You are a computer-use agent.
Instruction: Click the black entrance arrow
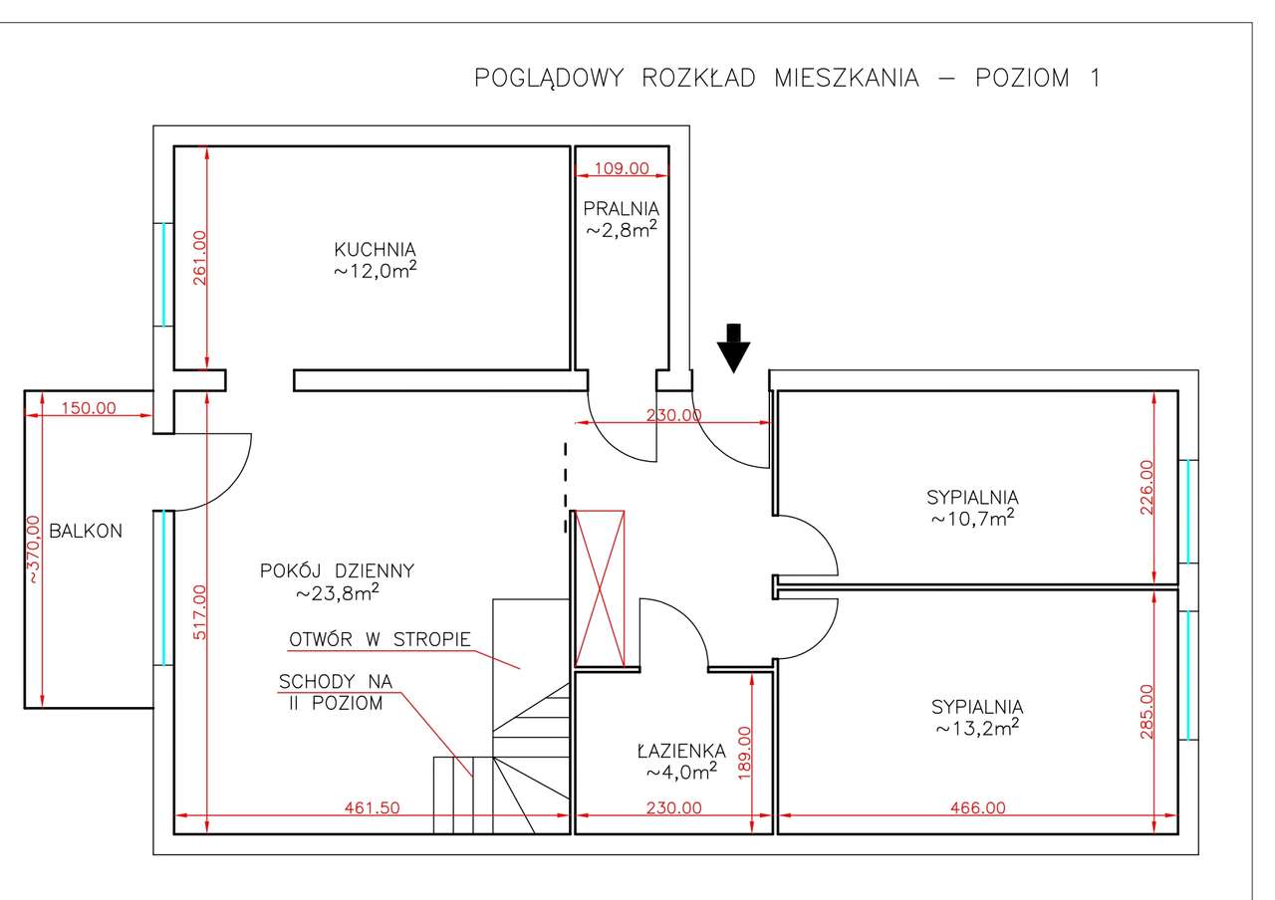tap(734, 347)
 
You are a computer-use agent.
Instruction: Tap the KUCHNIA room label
tap(375, 249)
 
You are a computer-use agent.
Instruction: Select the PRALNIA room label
tap(622, 209)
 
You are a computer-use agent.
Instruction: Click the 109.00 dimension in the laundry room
tap(622, 168)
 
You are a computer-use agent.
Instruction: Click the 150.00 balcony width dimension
tap(89, 407)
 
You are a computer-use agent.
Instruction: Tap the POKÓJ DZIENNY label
tap(337, 570)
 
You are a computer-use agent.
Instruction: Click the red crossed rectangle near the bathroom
tap(601, 587)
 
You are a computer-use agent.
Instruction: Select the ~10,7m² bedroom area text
tap(973, 518)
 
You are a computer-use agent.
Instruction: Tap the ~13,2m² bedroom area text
tap(976, 728)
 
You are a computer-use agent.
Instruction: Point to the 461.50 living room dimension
tap(372, 808)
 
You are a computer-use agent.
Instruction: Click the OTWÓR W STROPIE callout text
tap(380, 639)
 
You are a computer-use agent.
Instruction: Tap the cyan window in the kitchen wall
tap(163, 274)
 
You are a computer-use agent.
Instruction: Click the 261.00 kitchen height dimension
tap(199, 258)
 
